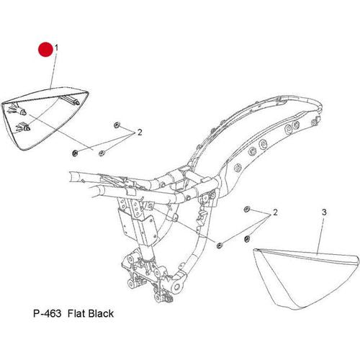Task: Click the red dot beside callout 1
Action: tap(45, 50)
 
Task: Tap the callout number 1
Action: tap(56, 48)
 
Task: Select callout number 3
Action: tap(324, 212)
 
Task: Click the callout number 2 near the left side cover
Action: tap(140, 132)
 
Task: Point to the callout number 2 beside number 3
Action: tap(275, 212)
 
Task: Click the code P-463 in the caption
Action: tap(48, 313)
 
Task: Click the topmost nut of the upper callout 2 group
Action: tap(117, 125)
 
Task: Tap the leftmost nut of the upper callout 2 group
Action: tap(75, 153)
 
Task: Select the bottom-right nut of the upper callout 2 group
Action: tap(102, 153)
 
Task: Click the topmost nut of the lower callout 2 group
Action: tap(247, 209)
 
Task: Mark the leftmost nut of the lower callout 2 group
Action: tap(219, 246)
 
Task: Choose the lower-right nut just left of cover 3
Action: tap(246, 238)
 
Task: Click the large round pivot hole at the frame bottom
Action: tap(177, 287)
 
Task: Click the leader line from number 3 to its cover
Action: tap(320, 235)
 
